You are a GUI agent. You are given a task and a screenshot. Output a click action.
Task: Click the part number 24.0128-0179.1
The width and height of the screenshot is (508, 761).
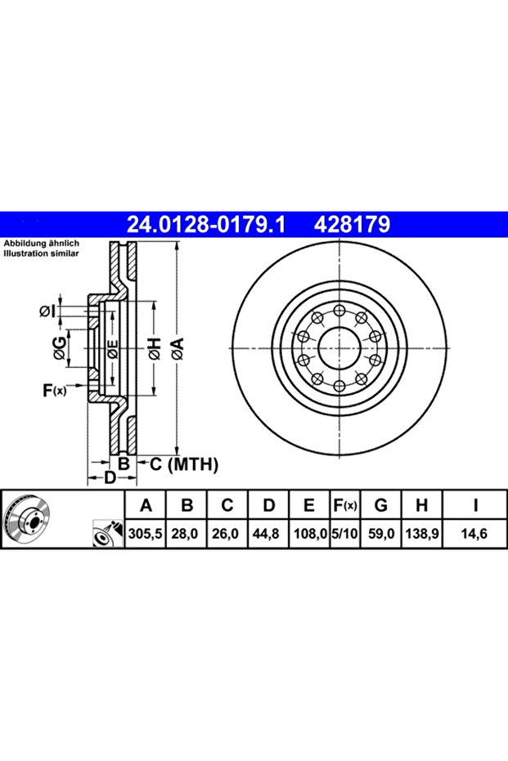click(206, 225)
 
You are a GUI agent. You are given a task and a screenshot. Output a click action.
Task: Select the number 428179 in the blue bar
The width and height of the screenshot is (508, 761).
click(352, 225)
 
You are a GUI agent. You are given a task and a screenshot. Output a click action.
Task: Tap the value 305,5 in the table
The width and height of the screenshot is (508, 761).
click(146, 534)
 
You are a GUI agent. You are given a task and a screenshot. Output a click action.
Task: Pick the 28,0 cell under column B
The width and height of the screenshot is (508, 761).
click(185, 534)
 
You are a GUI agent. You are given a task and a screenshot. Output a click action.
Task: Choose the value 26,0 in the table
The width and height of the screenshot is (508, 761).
click(225, 534)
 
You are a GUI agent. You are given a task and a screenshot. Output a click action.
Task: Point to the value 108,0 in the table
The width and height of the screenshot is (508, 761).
click(310, 534)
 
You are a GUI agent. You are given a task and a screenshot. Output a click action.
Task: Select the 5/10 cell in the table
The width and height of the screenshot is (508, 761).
click(344, 534)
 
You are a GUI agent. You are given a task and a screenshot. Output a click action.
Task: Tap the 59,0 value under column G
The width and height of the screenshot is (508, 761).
click(380, 534)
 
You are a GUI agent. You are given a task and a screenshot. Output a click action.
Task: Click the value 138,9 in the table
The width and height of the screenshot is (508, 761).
click(421, 534)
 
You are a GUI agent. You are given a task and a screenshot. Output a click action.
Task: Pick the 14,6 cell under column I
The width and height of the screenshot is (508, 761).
click(474, 534)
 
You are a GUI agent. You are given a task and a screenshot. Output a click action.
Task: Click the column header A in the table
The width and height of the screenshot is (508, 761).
click(146, 505)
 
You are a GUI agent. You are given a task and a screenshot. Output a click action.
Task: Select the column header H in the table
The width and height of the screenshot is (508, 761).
click(421, 505)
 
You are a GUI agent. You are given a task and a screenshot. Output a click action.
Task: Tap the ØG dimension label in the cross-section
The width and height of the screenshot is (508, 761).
click(60, 349)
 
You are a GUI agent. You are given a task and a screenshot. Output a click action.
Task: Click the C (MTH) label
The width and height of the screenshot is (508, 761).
click(183, 464)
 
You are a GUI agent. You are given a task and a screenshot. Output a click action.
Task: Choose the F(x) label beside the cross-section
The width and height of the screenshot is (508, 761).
click(54, 390)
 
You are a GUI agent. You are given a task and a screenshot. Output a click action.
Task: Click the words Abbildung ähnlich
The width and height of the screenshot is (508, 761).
click(41, 244)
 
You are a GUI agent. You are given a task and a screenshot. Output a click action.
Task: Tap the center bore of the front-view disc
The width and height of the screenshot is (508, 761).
click(339, 347)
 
